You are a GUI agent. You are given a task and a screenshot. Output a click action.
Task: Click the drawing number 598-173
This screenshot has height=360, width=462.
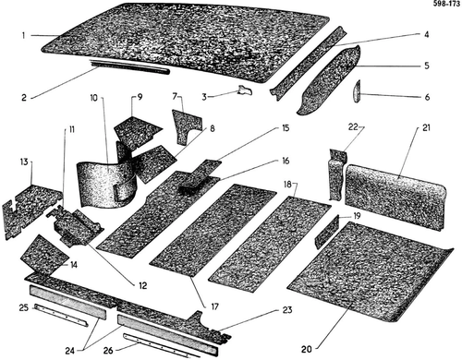(x=446, y=4)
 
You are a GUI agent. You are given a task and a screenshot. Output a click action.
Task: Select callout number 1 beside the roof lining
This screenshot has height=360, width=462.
(x=23, y=35)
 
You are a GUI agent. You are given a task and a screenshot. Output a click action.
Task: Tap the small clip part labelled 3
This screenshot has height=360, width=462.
(x=245, y=90)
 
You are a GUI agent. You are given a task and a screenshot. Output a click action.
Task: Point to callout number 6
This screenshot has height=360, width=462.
(x=427, y=97)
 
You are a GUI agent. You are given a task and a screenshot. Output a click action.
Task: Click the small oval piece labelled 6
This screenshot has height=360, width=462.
(x=358, y=91)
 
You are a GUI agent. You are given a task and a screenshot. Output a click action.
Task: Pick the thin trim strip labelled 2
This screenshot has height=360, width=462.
(x=130, y=66)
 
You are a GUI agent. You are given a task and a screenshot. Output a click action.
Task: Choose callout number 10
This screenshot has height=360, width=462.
(x=93, y=98)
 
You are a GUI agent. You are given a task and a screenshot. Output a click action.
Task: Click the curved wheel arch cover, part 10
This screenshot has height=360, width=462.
(x=106, y=184)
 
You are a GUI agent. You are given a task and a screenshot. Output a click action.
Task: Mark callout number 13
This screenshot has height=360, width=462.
(x=24, y=162)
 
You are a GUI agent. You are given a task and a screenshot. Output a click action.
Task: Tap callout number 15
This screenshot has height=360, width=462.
(x=286, y=127)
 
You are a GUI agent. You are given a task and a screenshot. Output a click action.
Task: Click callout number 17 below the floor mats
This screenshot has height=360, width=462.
(x=214, y=306)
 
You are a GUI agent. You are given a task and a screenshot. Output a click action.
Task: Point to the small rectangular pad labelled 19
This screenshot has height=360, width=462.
(x=327, y=232)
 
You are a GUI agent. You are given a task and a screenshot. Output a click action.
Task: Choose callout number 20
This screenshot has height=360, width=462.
(x=307, y=349)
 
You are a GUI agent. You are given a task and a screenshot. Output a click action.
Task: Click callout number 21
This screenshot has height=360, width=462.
(x=426, y=127)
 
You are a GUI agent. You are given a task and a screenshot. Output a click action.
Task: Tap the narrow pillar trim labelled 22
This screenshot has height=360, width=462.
(x=338, y=174)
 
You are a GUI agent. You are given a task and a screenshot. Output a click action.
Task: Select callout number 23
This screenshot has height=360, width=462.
(x=287, y=310)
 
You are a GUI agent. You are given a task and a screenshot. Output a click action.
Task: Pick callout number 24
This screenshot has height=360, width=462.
(x=70, y=351)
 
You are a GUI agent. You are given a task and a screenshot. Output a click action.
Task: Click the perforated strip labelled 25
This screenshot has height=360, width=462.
(x=62, y=316)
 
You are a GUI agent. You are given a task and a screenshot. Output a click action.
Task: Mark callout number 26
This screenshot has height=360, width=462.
(x=108, y=351)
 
